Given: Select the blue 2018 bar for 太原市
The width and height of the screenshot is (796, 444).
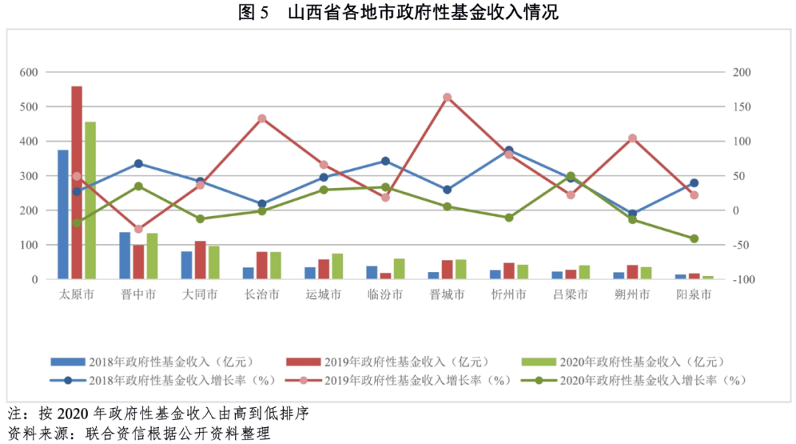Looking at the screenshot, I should (63, 215).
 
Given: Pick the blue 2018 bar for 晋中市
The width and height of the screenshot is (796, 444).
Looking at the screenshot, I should (125, 256).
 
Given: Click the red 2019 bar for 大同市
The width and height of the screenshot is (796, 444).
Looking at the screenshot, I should (200, 260).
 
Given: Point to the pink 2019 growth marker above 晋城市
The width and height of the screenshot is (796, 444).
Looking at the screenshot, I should (447, 97).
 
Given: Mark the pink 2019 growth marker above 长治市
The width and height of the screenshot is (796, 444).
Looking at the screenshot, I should (262, 119).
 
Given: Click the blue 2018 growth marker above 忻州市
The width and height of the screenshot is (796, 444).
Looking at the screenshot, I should (509, 150).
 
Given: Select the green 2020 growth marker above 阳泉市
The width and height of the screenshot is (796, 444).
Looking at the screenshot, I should (694, 238).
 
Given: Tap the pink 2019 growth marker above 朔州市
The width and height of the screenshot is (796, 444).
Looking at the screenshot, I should (632, 139).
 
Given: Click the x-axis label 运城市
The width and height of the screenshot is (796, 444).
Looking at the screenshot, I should (324, 295).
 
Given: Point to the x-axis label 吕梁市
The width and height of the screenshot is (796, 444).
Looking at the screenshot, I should (570, 295).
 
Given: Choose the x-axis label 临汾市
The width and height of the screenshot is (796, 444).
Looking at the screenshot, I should (385, 295).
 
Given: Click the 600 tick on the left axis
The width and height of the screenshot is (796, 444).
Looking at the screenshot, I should (29, 72).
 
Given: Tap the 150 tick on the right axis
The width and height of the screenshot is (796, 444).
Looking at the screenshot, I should (741, 107).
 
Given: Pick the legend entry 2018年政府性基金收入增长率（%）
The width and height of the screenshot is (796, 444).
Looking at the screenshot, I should (163, 381).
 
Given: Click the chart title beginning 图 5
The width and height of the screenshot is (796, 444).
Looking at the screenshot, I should (398, 13).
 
